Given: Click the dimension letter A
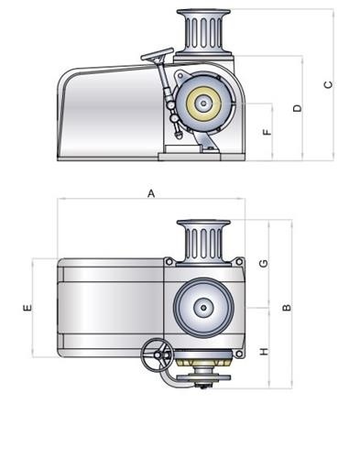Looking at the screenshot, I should (151, 193).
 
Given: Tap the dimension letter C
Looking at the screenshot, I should (327, 85).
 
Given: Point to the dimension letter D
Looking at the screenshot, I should (297, 108).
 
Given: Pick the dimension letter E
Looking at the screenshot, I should (27, 308).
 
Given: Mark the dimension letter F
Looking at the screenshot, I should (267, 132).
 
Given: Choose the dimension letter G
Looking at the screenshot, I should (263, 264).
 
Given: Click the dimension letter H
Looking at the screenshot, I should (263, 352).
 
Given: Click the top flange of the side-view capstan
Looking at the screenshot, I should (204, 13).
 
